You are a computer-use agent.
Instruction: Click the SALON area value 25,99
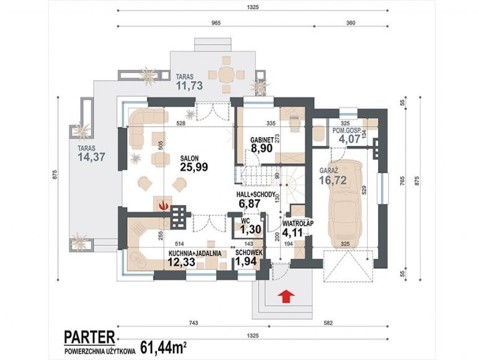coord(194,167)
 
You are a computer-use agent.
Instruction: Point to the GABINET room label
coord(262,140)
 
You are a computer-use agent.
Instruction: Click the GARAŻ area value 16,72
coord(333,180)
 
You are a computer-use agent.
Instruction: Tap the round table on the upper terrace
coord(226,74)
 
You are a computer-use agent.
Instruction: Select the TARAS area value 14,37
coord(91,157)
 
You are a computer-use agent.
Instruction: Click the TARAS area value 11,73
coord(189,86)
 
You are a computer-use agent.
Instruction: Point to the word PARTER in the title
coord(89,337)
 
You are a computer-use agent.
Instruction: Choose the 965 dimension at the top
coord(216,23)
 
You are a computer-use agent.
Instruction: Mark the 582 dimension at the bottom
coord(328,323)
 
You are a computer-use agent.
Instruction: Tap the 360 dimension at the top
coord(351,23)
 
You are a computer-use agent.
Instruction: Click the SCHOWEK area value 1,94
coord(246,261)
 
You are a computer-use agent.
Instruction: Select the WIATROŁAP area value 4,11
coord(292,233)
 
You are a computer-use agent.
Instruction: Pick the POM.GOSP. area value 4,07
coord(349,139)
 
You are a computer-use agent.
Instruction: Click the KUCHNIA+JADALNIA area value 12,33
coord(181,262)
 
